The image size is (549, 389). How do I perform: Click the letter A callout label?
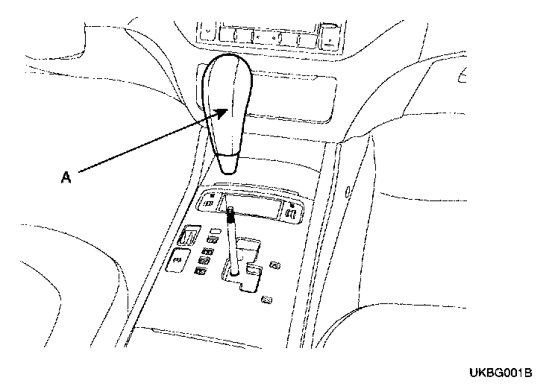[x=66, y=177]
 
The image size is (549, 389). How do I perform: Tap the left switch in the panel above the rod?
[x=211, y=200]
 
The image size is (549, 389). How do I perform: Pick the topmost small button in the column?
[x=213, y=239]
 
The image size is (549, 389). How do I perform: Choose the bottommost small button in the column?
[x=201, y=271]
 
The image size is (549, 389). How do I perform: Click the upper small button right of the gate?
[x=275, y=265]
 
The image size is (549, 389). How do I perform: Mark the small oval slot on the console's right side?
[x=348, y=192]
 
